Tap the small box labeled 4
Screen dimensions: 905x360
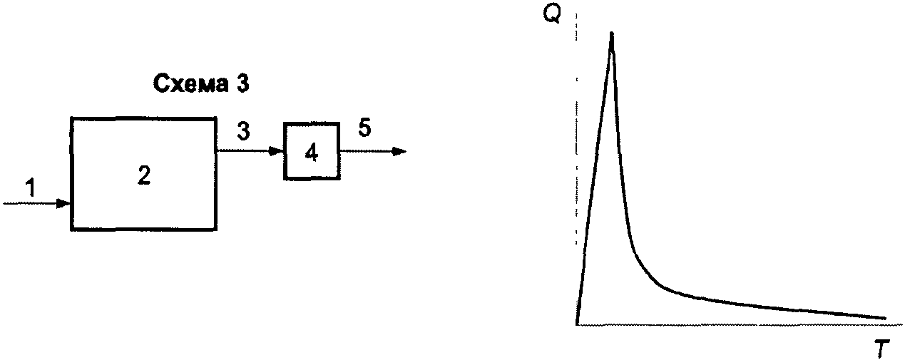coord(311,151)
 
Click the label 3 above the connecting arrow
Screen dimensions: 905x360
coord(244,133)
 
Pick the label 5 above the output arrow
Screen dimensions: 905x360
coord(364,130)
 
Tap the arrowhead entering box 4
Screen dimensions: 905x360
coord(277,151)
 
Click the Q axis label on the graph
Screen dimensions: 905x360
coord(551,15)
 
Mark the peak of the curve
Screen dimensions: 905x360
coord(611,34)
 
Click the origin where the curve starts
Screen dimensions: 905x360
coord(576,324)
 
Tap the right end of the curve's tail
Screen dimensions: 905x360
coord(884,318)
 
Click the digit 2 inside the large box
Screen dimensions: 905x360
coord(143,175)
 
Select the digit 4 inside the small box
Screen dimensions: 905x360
coord(311,153)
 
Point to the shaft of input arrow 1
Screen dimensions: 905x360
coord(32,204)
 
